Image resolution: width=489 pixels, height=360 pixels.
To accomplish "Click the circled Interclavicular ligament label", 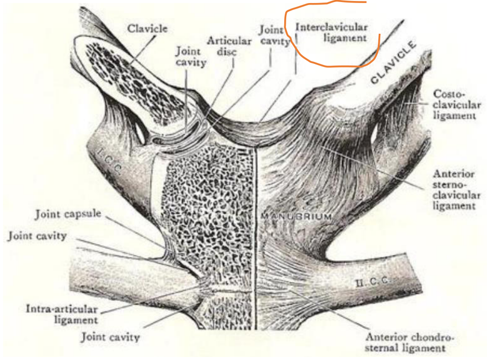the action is coord(332,32).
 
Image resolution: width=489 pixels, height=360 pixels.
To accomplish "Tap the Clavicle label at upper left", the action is coord(147,28).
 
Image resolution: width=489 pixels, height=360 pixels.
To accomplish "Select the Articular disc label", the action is coord(229,46).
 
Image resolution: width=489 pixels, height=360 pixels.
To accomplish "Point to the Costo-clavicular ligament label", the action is coord(457,105).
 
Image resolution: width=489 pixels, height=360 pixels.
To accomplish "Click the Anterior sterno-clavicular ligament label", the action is coord(456,189).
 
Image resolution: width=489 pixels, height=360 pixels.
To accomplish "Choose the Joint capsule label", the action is coord(68,214).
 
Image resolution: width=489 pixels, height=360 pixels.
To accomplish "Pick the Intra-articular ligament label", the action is coord(62,314).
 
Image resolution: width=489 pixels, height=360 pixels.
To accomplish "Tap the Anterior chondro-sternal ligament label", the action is coord(409,342).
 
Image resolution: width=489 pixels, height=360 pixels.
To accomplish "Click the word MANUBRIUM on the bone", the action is coord(296,216).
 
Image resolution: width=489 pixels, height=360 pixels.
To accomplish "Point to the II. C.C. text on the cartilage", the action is coord(372,281).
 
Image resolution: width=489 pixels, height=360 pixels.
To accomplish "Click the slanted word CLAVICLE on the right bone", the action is coord(393,62).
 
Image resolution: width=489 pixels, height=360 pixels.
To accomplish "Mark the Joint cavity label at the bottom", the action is coord(110,337).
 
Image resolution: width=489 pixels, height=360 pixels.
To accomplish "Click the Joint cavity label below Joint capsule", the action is coord(37,236).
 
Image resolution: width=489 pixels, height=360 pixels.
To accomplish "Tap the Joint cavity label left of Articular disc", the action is coord(191,56).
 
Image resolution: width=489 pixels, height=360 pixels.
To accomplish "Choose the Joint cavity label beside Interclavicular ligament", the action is coord(275,35).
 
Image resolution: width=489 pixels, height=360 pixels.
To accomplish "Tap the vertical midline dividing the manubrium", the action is coord(256,237).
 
